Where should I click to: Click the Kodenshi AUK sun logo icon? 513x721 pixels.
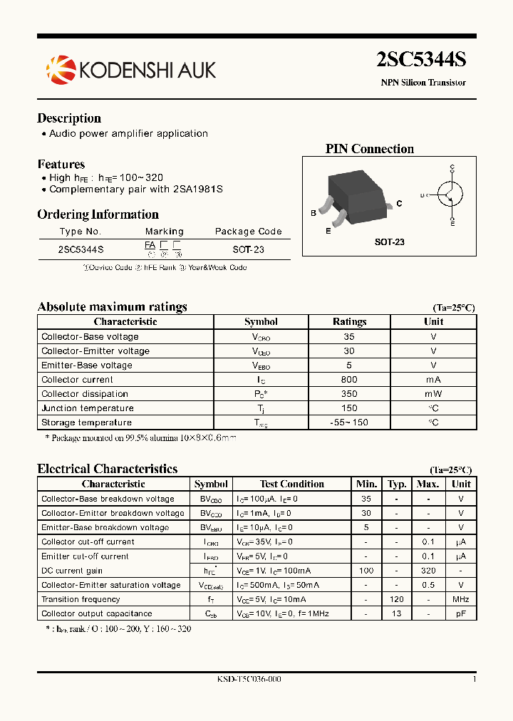tap(60, 68)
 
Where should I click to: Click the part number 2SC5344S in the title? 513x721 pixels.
tap(421, 61)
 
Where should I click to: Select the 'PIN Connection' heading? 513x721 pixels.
tap(369, 149)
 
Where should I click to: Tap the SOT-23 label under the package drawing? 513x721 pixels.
tap(390, 242)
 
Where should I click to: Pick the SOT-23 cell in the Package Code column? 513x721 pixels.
tap(248, 249)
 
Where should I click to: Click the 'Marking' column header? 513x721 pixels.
tap(164, 232)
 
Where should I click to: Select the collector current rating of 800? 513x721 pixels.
tap(349, 380)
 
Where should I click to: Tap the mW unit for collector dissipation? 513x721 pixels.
tap(433, 394)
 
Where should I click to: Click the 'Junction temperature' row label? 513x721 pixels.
tap(88, 408)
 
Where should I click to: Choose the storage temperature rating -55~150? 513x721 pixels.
tap(349, 422)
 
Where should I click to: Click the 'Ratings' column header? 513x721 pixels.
tap(349, 322)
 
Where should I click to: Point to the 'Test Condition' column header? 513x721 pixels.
tap(292, 484)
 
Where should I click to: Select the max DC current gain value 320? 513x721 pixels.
tap(427, 571)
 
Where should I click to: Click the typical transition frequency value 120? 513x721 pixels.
tap(397, 599)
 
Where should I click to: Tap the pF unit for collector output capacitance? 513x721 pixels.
tap(461, 613)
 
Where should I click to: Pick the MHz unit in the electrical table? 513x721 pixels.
tap(461, 599)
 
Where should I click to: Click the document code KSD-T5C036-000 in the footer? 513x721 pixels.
tap(249, 680)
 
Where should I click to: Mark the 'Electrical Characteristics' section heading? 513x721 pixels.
tap(107, 469)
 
